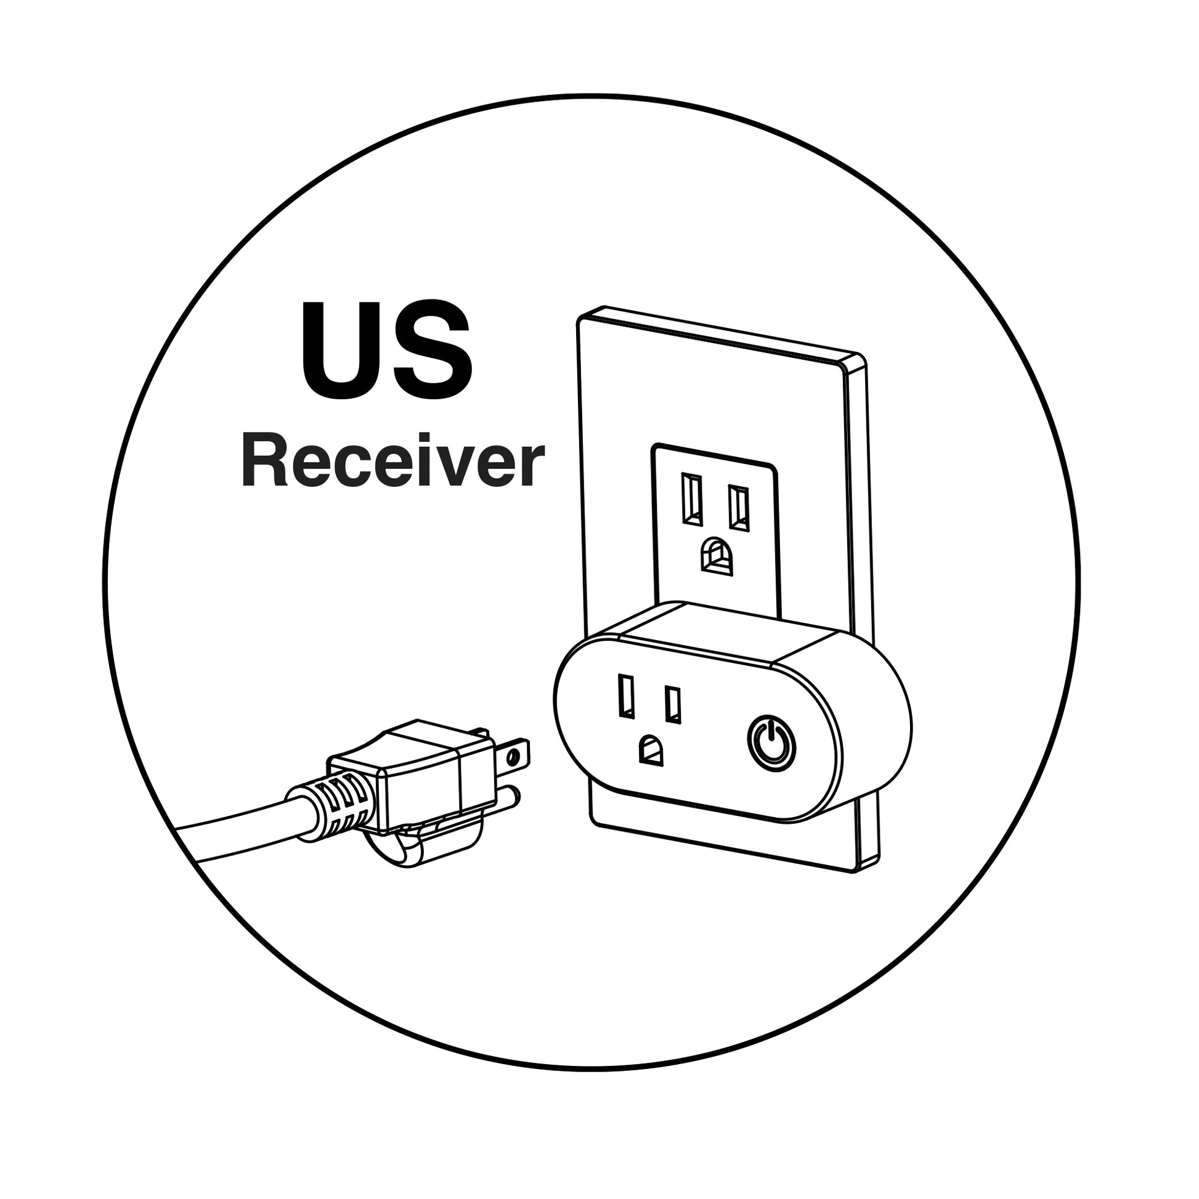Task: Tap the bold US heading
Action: pyautogui.click(x=388, y=351)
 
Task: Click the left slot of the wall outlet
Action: pyautogui.click(x=693, y=500)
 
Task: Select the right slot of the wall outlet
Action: pyautogui.click(x=739, y=508)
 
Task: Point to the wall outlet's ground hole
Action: pyautogui.click(x=717, y=556)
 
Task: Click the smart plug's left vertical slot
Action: pyautogui.click(x=626, y=696)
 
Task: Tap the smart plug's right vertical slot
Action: pyautogui.click(x=673, y=704)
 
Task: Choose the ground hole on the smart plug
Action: pyautogui.click(x=651, y=750)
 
